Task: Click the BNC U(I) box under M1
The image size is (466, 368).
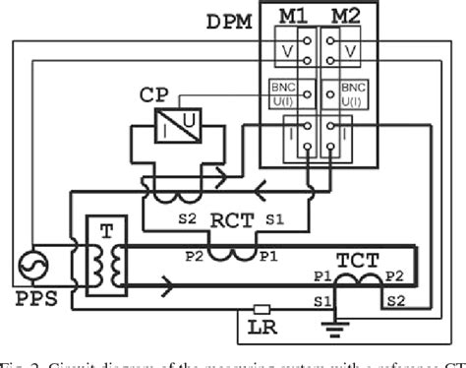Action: click(x=284, y=93)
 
